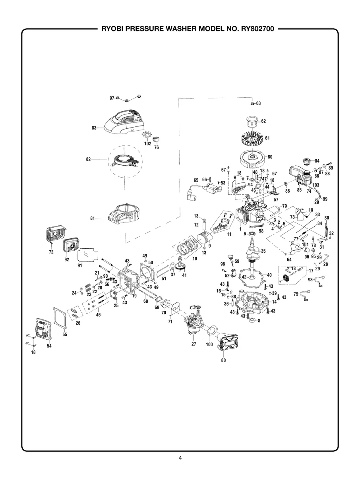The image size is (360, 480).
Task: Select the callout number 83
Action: (x=94, y=128)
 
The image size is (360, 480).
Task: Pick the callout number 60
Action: (x=270, y=157)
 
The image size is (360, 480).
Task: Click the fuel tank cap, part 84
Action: (x=306, y=161)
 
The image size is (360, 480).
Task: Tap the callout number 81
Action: (x=93, y=218)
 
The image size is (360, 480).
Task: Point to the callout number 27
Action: (x=194, y=344)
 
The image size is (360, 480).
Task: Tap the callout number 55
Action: (x=65, y=335)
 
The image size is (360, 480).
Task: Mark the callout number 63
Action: (x=258, y=103)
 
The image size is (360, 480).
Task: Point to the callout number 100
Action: (x=209, y=344)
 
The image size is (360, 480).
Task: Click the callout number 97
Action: (x=112, y=98)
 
